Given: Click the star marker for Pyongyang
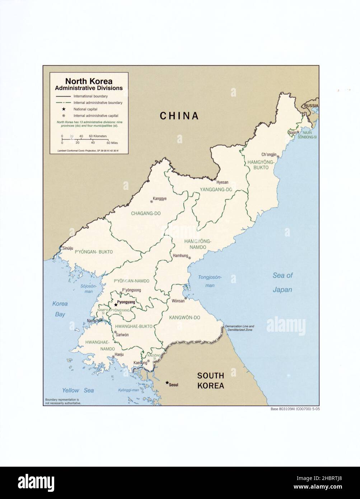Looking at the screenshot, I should (116, 304).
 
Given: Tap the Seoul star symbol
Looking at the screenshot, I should (167, 383).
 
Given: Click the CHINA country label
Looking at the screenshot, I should (179, 116).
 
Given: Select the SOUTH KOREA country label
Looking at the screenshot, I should (210, 381).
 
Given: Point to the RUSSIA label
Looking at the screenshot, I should (311, 106).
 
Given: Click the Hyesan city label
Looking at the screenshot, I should (222, 182).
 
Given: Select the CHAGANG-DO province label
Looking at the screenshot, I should (145, 213).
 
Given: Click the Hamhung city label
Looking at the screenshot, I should (181, 256).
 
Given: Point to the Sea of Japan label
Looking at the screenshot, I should (282, 283).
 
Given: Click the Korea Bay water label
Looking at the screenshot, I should (60, 309).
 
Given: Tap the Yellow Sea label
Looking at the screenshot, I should (78, 390).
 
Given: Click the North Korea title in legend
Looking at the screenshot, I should (89, 81).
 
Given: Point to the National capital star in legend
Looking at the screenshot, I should (64, 109).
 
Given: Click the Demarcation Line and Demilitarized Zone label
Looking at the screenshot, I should (239, 327).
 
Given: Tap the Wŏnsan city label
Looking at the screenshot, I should (178, 301).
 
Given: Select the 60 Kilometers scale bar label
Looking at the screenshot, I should (98, 136).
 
